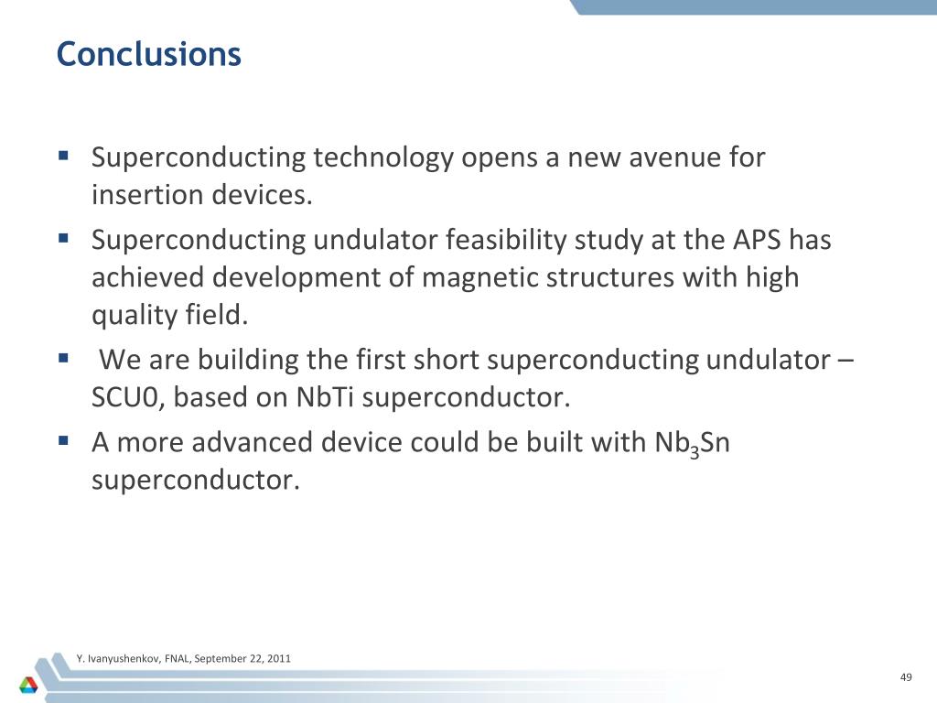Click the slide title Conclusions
148,55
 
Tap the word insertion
148,196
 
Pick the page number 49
906,677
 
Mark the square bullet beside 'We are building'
63,357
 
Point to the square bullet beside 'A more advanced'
63,439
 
